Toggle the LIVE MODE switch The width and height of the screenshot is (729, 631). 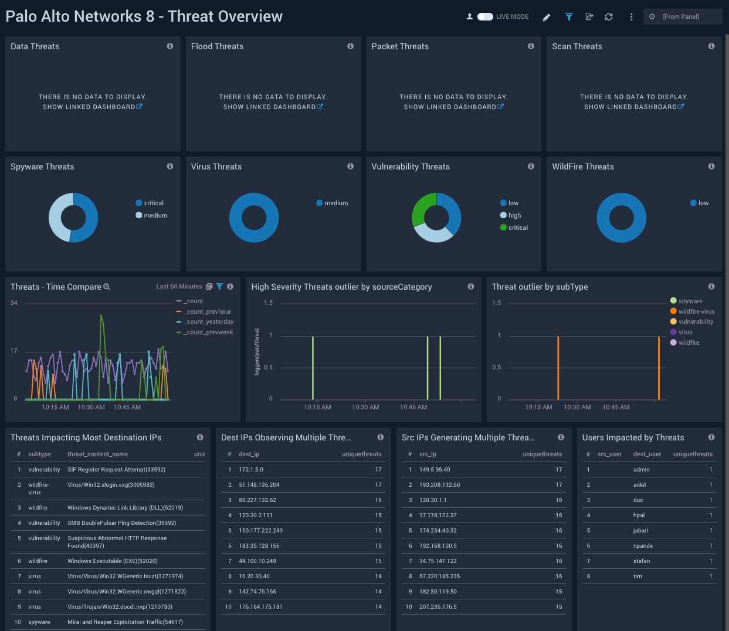pos(485,17)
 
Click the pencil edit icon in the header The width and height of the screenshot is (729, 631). pos(547,17)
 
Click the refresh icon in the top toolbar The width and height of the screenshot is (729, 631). pos(609,17)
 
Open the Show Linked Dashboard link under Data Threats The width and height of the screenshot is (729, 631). pos(93,107)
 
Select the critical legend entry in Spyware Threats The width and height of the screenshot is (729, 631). pos(154,203)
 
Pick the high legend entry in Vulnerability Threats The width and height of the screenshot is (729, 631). pos(514,215)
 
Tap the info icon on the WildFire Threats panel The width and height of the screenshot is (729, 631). pos(711,167)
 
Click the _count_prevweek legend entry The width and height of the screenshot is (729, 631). pos(209,333)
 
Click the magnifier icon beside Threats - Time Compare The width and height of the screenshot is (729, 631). pos(107,287)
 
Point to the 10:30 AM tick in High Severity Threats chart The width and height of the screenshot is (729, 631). pos(365,407)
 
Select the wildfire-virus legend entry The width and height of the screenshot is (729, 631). pos(696,311)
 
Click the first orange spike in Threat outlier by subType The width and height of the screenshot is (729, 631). pos(558,368)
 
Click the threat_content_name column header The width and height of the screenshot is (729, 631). pos(97,454)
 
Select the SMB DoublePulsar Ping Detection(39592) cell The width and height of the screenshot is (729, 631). pos(121,523)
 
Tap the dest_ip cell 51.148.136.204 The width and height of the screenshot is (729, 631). pos(259,485)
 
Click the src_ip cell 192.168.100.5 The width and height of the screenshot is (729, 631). pos(438,546)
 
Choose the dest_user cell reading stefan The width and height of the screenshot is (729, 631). pos(642,561)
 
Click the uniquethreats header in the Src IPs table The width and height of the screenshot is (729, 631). pos(542,454)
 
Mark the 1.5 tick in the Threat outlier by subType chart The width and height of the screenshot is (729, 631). pos(497,303)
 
